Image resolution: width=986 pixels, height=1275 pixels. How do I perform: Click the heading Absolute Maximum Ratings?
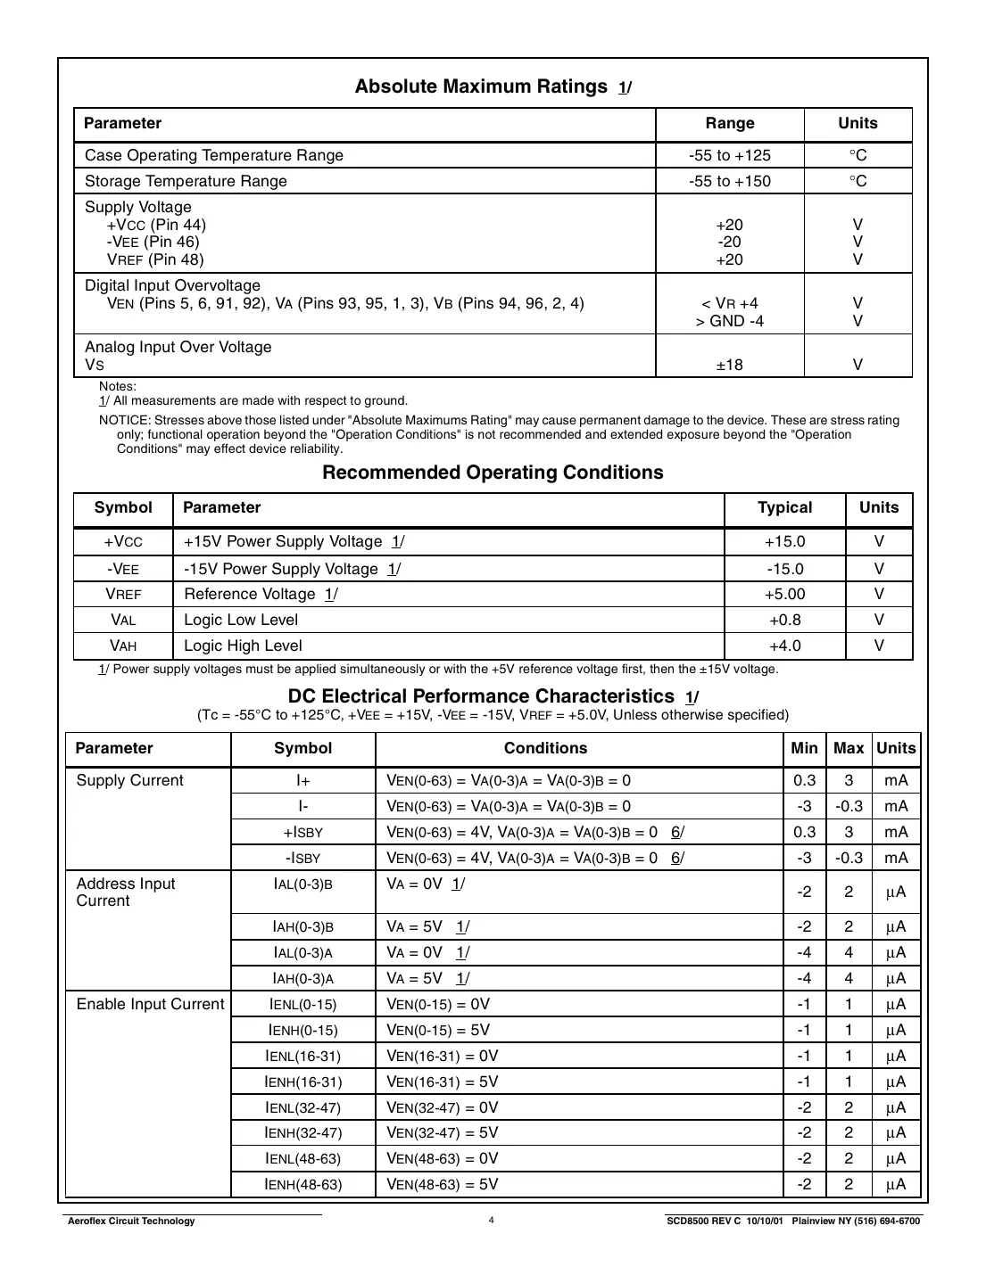(481, 86)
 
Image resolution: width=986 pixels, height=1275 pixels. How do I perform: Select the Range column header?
(729, 123)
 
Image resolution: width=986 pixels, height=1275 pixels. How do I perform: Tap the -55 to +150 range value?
(729, 181)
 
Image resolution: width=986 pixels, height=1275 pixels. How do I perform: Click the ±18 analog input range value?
(729, 365)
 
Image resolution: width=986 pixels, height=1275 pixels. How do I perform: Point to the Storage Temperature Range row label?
(186, 181)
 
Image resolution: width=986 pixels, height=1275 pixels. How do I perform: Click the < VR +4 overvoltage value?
(729, 303)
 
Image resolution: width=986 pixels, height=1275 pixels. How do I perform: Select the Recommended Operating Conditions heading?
(493, 473)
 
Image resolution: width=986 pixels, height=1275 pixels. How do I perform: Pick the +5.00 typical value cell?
(784, 594)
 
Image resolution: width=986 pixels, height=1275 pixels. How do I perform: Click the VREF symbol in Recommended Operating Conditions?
(123, 594)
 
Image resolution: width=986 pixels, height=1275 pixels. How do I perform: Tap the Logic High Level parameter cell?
(243, 646)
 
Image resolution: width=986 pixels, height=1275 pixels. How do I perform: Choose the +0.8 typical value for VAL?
(784, 620)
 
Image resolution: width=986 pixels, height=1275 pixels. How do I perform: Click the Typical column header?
(784, 507)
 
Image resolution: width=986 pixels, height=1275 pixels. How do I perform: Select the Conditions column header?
(545, 748)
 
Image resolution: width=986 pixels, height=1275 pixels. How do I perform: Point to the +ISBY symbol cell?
(302, 832)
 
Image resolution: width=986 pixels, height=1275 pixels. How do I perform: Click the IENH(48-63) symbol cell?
(303, 1184)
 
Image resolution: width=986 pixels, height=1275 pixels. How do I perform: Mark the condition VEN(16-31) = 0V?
(442, 1056)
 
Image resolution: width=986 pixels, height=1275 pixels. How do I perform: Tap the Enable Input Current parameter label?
(150, 1004)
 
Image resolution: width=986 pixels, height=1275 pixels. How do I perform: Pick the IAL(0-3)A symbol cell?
(302, 952)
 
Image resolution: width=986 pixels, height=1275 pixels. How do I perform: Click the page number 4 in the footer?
(491, 1221)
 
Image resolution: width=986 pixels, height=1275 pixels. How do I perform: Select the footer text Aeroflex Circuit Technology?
(131, 1221)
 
